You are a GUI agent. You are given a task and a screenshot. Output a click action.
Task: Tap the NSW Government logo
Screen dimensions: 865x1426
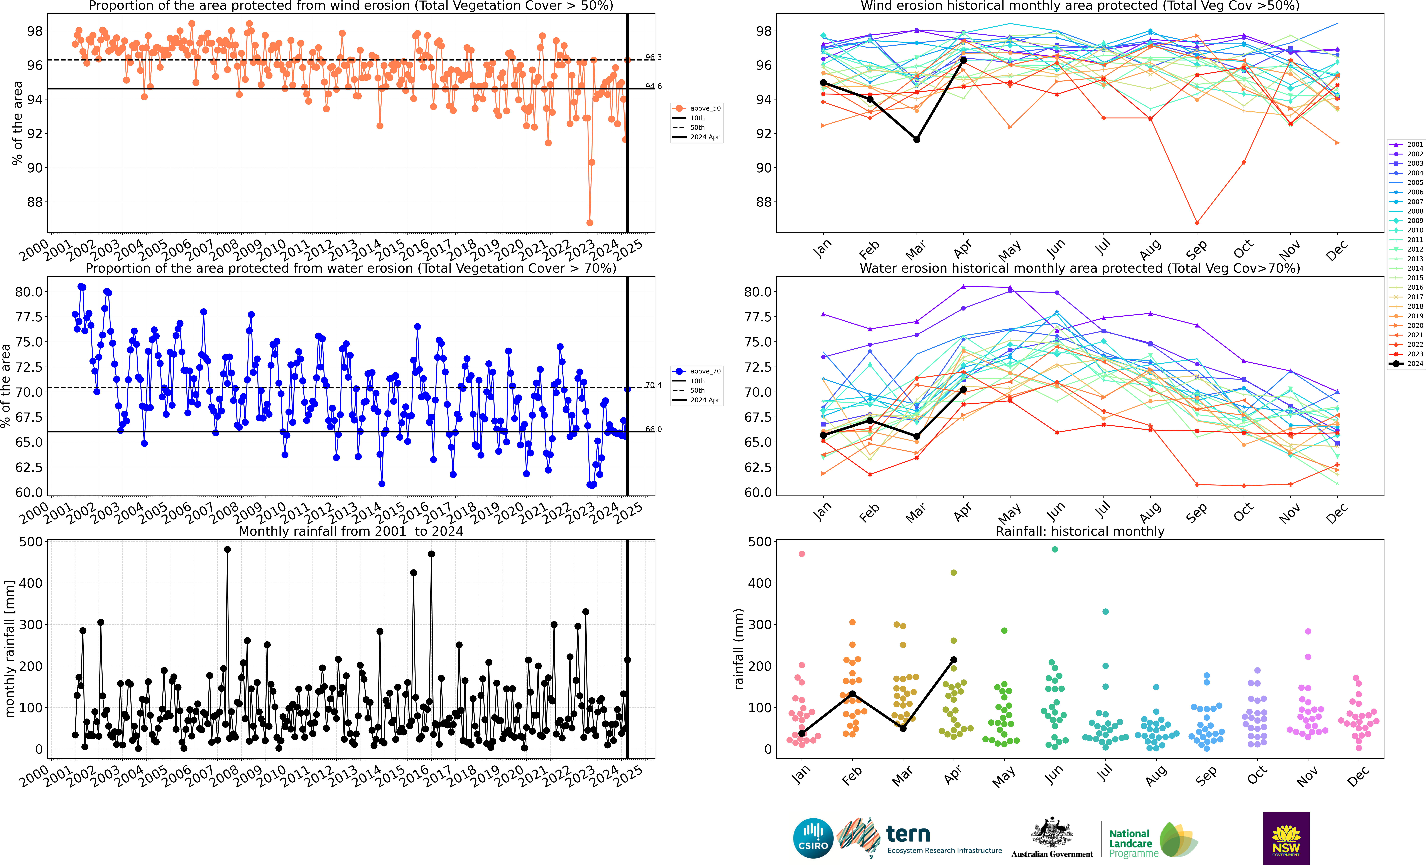(x=1286, y=838)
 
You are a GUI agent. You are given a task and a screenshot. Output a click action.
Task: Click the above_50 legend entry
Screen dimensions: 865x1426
(x=696, y=108)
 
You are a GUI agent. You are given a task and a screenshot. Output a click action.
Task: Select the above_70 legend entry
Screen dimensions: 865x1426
(x=696, y=371)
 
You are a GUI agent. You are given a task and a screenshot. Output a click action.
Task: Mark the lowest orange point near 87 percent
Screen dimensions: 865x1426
(x=590, y=223)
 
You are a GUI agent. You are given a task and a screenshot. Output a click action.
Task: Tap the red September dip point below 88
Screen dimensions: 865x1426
(x=1197, y=223)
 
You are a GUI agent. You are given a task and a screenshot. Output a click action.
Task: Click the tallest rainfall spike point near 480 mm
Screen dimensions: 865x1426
(x=227, y=550)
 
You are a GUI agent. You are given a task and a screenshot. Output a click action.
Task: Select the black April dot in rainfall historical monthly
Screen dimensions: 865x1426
(x=954, y=660)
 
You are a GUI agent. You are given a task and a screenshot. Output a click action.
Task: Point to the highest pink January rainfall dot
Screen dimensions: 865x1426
(x=802, y=554)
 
